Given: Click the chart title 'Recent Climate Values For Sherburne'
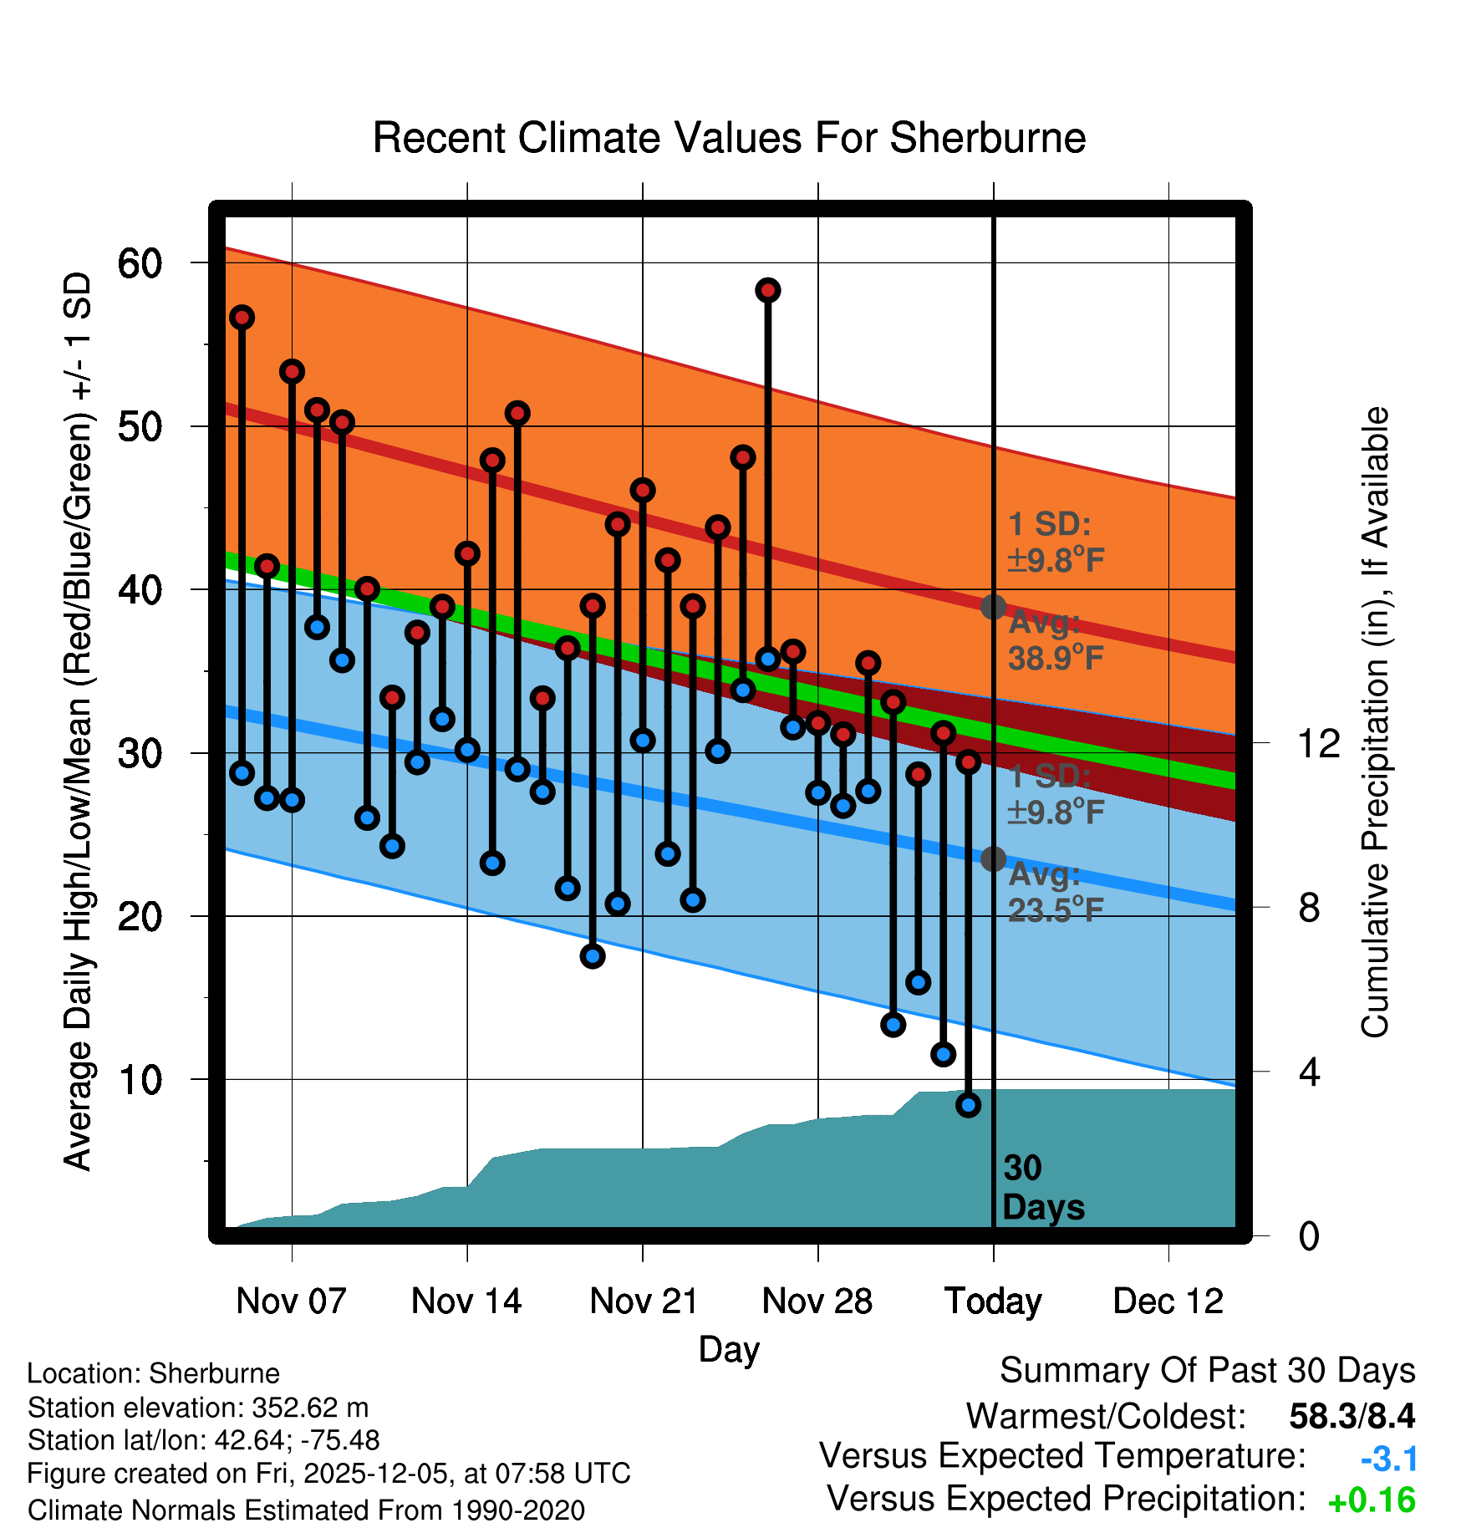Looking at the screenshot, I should pyautogui.click(x=729, y=138).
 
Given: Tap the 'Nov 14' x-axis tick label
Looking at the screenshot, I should pyautogui.click(x=466, y=1301).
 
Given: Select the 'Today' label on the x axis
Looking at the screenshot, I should pyautogui.click(x=993, y=1301).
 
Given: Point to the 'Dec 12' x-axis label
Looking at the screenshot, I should pyautogui.click(x=1168, y=1301).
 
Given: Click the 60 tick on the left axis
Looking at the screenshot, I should pyautogui.click(x=140, y=264).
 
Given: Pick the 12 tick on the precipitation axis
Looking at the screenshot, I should pyautogui.click(x=1318, y=743).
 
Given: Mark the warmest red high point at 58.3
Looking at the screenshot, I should pyautogui.click(x=768, y=290).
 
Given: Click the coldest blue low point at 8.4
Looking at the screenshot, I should pyautogui.click(x=968, y=1105).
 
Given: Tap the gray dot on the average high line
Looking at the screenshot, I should pyautogui.click(x=993, y=607).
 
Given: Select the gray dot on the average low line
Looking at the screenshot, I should pyautogui.click(x=993, y=858).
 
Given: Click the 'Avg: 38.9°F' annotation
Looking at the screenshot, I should pyautogui.click(x=1055, y=641).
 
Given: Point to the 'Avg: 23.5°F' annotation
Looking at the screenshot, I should pyautogui.click(x=1055, y=893).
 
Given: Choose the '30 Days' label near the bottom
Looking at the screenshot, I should pyautogui.click(x=1042, y=1188).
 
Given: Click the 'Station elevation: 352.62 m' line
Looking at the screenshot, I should pyautogui.click(x=198, y=1408).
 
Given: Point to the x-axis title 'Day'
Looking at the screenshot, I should pyautogui.click(x=729, y=1349).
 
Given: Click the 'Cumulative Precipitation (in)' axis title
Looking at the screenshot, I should pyautogui.click(x=1375, y=723).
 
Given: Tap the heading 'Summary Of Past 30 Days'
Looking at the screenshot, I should pyautogui.click(x=1207, y=1371).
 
